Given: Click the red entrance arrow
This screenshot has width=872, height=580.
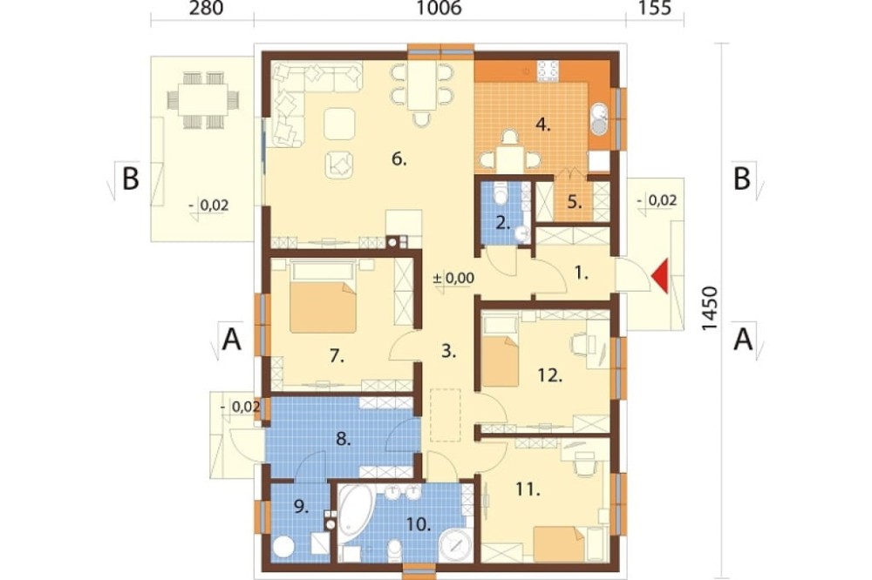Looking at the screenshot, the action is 661,277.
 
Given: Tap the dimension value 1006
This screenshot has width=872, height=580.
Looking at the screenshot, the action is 439,9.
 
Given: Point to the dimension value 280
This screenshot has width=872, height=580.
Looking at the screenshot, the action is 206,9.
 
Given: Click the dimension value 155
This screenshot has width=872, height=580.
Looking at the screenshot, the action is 655,9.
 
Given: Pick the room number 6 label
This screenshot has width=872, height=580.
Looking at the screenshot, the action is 399,159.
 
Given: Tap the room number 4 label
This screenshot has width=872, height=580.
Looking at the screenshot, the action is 542,125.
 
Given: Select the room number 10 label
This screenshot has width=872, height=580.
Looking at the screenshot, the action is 419,524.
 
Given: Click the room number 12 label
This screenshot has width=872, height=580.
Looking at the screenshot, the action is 550,375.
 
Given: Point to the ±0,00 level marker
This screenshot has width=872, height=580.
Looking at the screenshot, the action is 453,279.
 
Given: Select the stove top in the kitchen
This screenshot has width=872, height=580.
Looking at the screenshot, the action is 548,71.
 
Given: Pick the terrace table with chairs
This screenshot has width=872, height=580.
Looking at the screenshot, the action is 202,100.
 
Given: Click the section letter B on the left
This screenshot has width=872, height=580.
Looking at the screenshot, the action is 130,179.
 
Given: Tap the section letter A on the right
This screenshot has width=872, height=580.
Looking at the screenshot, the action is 743,339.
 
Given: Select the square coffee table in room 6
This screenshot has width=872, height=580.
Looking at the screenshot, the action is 339,124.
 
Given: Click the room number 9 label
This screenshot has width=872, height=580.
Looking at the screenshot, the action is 301,507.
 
